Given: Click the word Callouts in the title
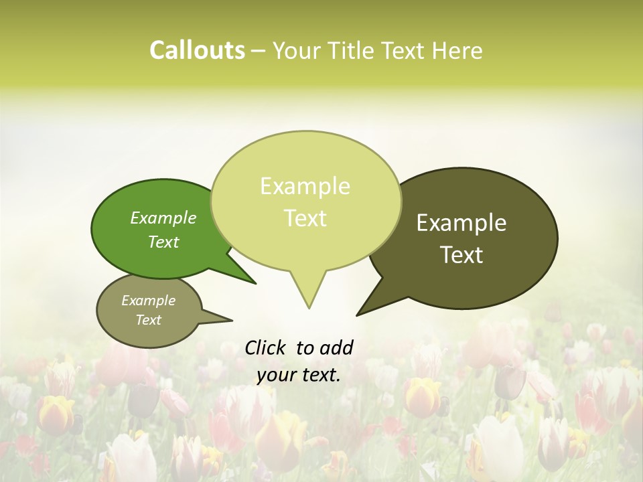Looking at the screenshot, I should point(197,50).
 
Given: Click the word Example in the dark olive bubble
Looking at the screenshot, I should point(461,223).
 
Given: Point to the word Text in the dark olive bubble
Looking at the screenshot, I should point(461,255).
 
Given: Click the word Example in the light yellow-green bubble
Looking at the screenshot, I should point(305,186).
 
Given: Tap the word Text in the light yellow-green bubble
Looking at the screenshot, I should point(305,218).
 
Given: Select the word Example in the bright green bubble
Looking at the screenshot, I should point(163,218).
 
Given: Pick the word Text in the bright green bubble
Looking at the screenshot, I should point(163,242).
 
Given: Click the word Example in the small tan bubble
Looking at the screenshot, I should point(148,301).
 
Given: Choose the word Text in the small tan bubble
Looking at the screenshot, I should point(148,320).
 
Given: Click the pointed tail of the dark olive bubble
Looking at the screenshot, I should point(372,305).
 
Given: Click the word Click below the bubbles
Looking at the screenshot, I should point(265,347).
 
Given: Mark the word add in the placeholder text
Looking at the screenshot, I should point(337,347).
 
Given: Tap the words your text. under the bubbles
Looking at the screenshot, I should point(299,375).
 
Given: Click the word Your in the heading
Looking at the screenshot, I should point(299,50).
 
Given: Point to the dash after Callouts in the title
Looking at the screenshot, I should point(259,51).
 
